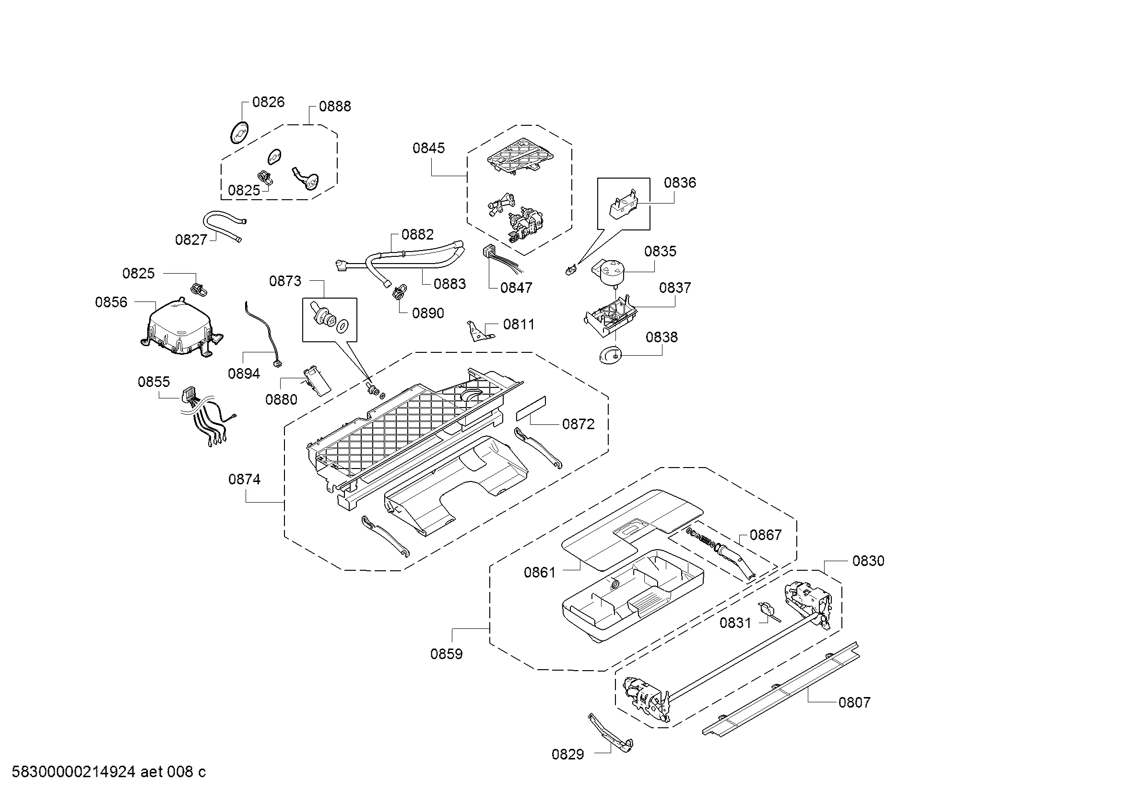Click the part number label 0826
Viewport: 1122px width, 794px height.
tap(268, 102)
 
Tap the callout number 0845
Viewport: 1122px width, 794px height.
tap(428, 148)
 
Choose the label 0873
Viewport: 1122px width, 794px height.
tap(285, 281)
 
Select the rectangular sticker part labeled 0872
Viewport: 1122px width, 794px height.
tap(531, 408)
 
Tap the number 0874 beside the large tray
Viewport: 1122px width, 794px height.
tap(244, 479)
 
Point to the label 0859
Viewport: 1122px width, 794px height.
tap(446, 654)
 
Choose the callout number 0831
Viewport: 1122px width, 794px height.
tap(735, 623)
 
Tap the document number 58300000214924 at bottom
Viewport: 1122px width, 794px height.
tap(73, 772)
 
